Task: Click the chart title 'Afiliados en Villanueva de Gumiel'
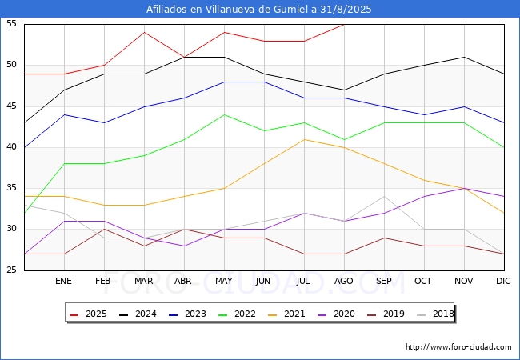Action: point(259,10)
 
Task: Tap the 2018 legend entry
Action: point(431,314)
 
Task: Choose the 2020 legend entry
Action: point(334,314)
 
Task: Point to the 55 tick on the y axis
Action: point(12,24)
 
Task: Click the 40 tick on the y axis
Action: point(12,147)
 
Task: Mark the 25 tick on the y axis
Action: point(12,270)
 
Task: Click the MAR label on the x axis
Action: point(144,282)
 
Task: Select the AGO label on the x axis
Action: point(344,282)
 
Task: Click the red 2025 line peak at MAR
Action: point(144,32)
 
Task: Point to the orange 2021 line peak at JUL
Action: point(304,139)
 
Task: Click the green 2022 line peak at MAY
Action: point(224,114)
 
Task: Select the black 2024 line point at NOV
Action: point(464,57)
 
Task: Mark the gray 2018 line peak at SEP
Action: point(384,197)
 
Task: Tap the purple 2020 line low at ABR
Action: point(184,246)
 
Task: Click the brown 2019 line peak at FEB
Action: point(104,230)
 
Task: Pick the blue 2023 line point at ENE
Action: point(64,114)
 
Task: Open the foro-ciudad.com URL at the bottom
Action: point(458,347)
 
